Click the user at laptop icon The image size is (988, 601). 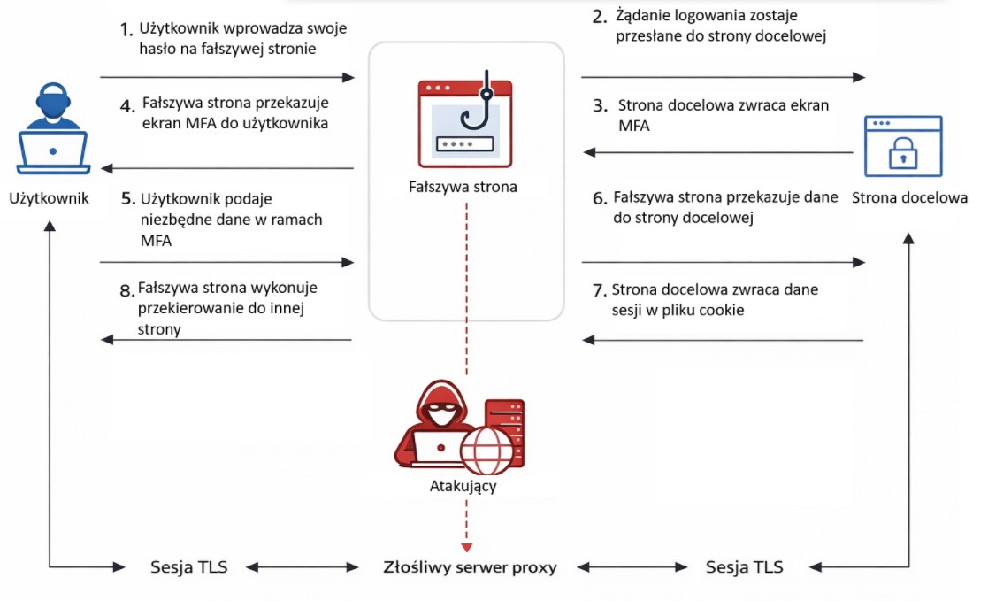click(x=53, y=129)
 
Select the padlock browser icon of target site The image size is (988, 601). click(x=901, y=145)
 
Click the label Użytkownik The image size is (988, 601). click(x=49, y=197)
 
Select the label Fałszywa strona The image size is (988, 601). click(x=463, y=187)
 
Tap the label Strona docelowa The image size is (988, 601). click(x=909, y=197)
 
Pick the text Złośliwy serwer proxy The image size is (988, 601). click(x=470, y=566)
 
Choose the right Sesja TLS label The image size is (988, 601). click(x=744, y=566)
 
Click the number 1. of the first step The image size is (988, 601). click(x=126, y=29)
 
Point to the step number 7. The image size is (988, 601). click(x=599, y=289)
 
